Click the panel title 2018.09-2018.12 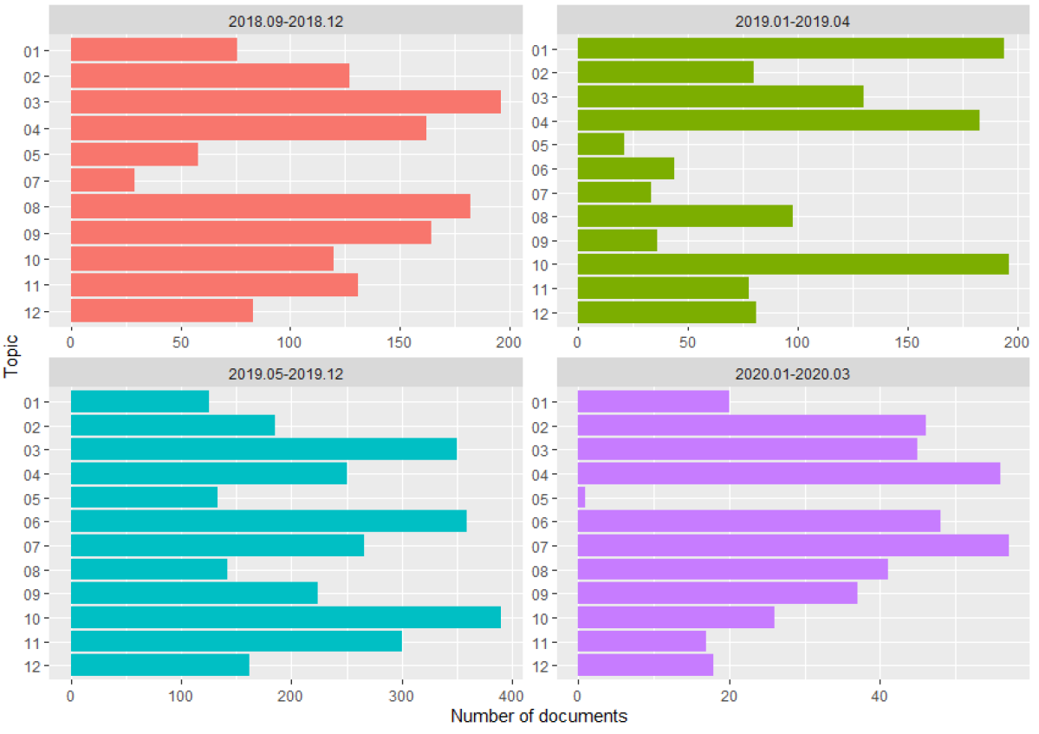click(286, 22)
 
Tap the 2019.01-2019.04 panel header click(793, 22)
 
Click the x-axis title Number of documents click(538, 717)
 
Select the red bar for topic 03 click(285, 102)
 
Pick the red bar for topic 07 click(102, 180)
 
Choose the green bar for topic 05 click(601, 144)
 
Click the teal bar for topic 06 click(269, 521)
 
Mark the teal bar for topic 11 click(236, 641)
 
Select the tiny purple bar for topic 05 click(581, 497)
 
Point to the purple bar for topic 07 click(793, 545)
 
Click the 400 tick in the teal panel click(512, 696)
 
